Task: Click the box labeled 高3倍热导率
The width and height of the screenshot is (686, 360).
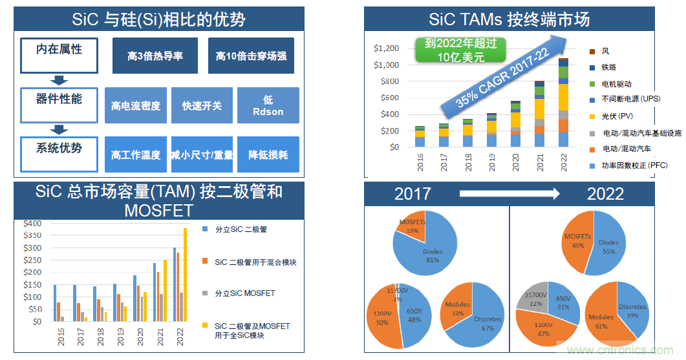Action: click(155, 56)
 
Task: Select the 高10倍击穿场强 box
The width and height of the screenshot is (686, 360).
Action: click(251, 56)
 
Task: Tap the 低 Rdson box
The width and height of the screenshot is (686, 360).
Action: click(268, 105)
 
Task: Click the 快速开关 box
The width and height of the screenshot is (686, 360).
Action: click(202, 105)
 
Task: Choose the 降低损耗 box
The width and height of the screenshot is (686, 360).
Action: click(268, 155)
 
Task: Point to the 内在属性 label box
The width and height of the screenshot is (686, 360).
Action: click(59, 55)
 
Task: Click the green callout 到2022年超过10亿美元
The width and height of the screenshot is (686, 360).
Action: click(460, 50)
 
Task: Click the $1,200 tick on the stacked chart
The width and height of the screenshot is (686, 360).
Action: click(386, 48)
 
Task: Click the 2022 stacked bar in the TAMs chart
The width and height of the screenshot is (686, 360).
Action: click(563, 103)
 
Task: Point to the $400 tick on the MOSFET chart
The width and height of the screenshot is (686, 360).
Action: click(32, 223)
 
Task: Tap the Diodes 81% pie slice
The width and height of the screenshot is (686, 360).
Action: click(430, 249)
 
